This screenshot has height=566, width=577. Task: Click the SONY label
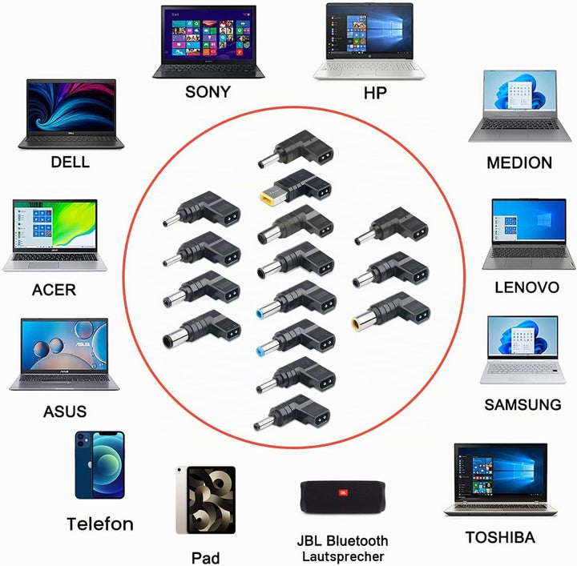208,92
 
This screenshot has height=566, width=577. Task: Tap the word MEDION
519,163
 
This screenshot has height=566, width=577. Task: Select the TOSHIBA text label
500,537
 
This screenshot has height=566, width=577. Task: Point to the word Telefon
100,524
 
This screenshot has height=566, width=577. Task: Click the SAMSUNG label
523,404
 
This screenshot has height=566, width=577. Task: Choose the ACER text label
54,290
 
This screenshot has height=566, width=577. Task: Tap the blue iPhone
99,465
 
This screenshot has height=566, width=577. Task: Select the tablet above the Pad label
206,500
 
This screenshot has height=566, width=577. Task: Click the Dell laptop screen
71,106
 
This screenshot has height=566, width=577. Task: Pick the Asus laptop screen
65,347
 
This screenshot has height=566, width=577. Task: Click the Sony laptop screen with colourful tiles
208,35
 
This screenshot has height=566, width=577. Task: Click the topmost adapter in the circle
297,149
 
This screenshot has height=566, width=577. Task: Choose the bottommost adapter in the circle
292,413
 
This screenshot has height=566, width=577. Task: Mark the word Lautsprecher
343,556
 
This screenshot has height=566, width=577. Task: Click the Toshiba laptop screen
500,474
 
